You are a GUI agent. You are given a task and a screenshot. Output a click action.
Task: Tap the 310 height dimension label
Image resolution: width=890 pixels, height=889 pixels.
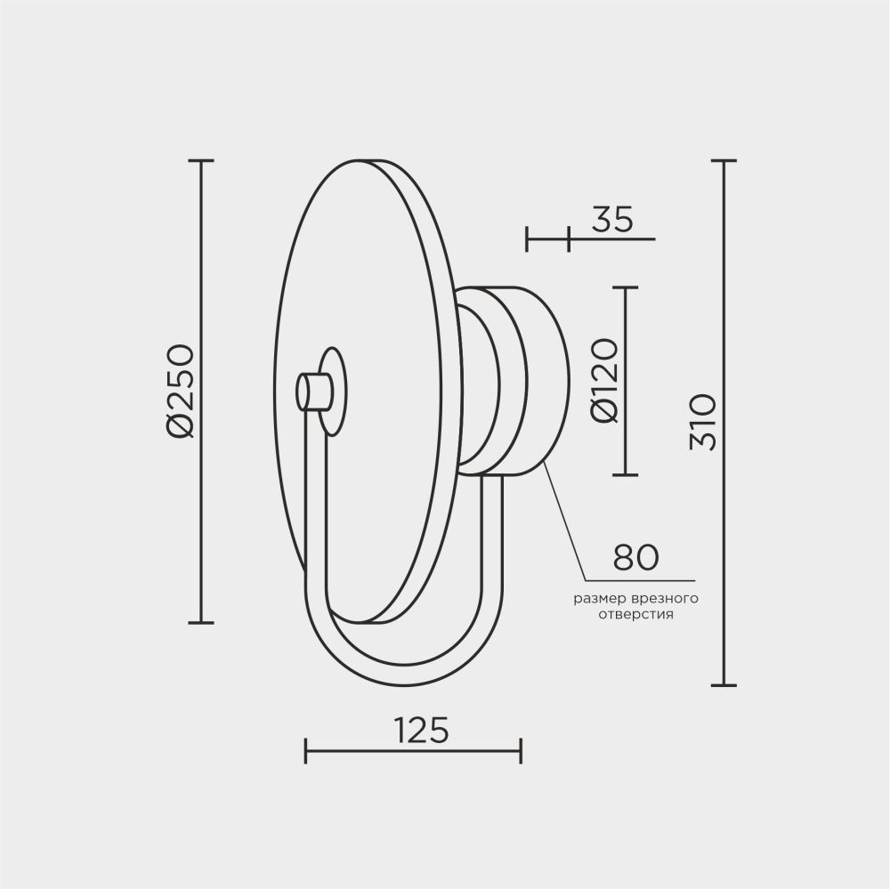[x=702, y=422]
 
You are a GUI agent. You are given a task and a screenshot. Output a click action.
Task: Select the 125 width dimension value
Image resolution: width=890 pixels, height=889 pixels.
[x=419, y=730]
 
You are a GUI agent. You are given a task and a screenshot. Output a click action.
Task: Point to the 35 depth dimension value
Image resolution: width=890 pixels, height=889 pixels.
[x=611, y=219]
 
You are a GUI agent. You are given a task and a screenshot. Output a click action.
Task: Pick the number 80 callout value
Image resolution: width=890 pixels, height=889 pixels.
[x=635, y=557]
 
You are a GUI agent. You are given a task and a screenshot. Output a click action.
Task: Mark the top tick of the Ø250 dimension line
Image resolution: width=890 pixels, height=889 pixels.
[x=201, y=161]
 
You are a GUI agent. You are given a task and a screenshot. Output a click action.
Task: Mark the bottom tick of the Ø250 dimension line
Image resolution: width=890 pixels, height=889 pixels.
[x=201, y=622]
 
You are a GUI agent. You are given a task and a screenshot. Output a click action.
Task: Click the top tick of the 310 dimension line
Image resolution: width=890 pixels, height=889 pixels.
[x=724, y=161]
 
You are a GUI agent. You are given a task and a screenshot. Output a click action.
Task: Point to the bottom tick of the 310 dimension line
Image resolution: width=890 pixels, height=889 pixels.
[x=724, y=685]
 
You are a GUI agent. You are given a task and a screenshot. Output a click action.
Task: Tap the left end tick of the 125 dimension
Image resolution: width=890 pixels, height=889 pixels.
[x=306, y=750]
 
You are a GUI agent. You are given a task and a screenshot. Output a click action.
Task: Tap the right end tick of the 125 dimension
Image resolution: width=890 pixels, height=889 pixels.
[x=521, y=750]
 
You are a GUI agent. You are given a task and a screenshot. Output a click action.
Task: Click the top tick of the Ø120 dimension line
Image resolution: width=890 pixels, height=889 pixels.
[x=627, y=288]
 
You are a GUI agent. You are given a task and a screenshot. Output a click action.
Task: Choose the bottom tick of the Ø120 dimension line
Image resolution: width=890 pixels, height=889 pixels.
[x=627, y=474]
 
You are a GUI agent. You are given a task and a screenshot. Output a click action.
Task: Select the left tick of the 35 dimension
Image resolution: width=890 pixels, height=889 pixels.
[x=528, y=238]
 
